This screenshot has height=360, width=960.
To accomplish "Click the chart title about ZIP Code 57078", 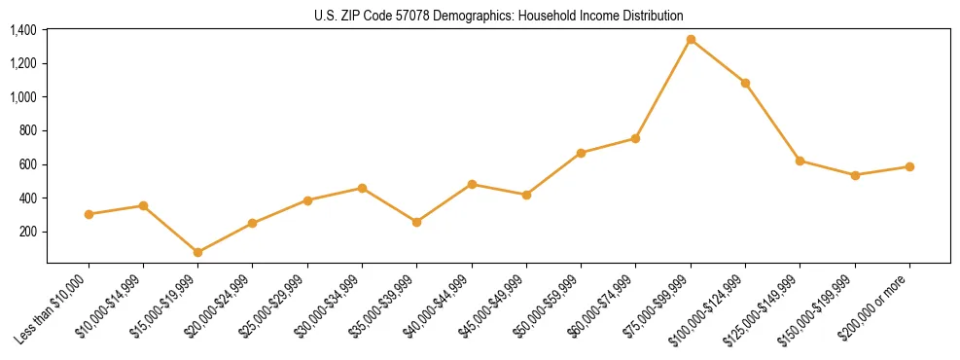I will point(499,16).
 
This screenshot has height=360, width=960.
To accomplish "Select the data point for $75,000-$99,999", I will point(691,40).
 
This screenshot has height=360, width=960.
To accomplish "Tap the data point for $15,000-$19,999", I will point(198,252).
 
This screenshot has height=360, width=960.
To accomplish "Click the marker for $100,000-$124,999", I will point(745,83).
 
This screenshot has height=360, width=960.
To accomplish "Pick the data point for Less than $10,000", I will point(89,214).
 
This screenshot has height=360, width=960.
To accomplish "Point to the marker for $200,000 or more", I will point(909,166).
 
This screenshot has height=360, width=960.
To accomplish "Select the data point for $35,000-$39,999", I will point(417,222).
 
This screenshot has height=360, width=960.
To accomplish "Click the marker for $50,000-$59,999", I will point(581,153).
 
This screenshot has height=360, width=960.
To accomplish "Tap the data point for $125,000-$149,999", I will point(800,161).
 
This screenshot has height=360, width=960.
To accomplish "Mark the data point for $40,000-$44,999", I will point(472,184).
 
